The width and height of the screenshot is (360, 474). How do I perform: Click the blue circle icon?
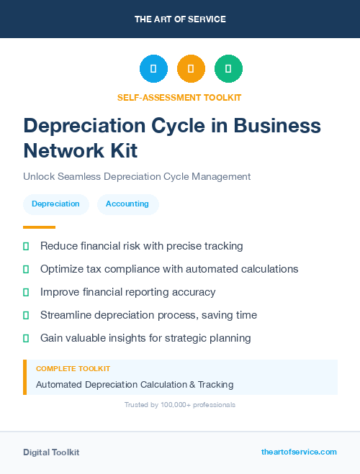[153, 69]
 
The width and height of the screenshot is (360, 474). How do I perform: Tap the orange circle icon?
[191, 69]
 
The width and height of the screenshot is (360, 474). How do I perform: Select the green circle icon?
[228, 69]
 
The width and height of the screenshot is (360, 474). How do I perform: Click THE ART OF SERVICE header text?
[180, 19]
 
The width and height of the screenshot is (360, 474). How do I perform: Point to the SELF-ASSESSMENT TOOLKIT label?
[180, 97]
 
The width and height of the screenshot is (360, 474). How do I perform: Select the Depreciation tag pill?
[55, 204]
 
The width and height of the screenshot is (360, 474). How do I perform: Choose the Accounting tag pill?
[127, 204]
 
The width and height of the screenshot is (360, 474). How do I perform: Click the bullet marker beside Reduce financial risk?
[26, 246]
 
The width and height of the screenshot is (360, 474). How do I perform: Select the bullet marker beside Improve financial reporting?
[26, 292]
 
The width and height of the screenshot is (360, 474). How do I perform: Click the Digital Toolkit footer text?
[51, 452]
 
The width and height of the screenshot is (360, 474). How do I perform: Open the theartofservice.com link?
[299, 452]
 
